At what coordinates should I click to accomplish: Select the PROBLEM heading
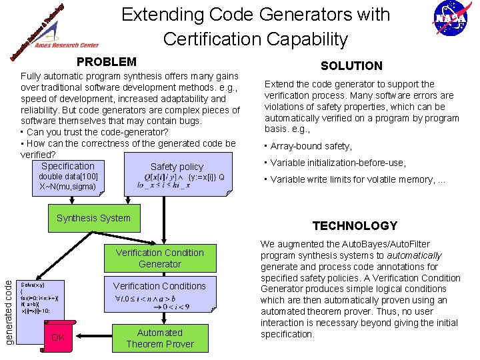pyautogui.click(x=107, y=62)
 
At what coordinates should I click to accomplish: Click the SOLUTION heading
pyautogui.click(x=351, y=65)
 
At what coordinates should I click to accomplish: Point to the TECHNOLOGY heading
pyautogui.click(x=355, y=225)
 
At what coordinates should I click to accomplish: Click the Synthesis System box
pyautogui.click(x=93, y=218)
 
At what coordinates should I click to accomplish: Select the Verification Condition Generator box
pyautogui.click(x=159, y=258)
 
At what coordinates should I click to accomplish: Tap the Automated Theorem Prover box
pyautogui.click(x=159, y=338)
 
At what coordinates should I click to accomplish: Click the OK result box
pyautogui.click(x=58, y=337)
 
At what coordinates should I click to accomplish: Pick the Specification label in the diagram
pyautogui.click(x=68, y=166)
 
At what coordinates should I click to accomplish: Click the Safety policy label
pyautogui.click(x=177, y=167)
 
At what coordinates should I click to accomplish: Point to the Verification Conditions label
pyautogui.click(x=159, y=286)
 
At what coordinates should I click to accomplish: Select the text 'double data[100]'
pyautogui.click(x=68, y=177)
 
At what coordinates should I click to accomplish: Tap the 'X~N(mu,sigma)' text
pyautogui.click(x=67, y=187)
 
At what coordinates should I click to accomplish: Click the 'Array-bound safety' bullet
pyautogui.click(x=308, y=146)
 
